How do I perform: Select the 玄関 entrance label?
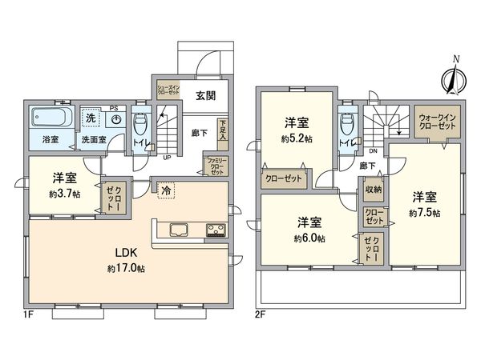pyautogui.click(x=204, y=96)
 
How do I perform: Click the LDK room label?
pyautogui.click(x=125, y=253)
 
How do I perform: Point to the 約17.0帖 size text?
pyautogui.click(x=125, y=270)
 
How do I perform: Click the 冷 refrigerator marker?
pyautogui.click(x=165, y=192)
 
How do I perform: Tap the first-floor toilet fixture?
pyautogui.click(x=142, y=126)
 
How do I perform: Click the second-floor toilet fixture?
pyautogui.click(x=347, y=125)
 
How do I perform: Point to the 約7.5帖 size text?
pyautogui.click(x=424, y=213)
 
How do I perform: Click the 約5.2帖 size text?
pyautogui.click(x=297, y=138)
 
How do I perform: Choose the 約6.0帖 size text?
pyautogui.click(x=309, y=238)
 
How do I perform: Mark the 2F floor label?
pyautogui.click(x=261, y=314)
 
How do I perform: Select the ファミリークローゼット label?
pyautogui.click(x=216, y=166)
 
